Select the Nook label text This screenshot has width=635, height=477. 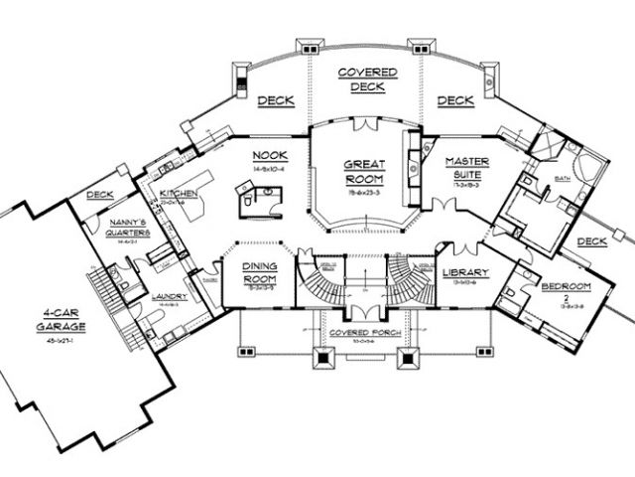click(x=269, y=156)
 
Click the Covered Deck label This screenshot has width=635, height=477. click(x=368, y=80)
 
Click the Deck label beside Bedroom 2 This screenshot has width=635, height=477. click(x=591, y=240)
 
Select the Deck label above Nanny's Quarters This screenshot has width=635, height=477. click(x=101, y=196)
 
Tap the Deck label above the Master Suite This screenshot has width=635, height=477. click(x=455, y=100)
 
